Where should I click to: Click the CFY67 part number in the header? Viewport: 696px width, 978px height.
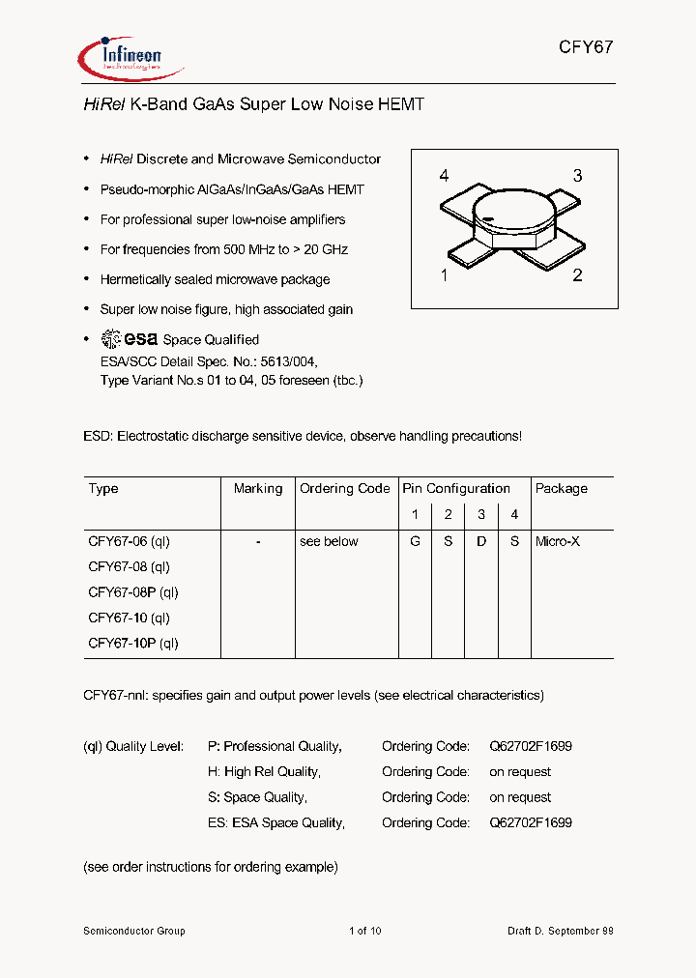[x=586, y=47]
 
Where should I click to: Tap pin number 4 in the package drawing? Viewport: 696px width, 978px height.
[x=444, y=176]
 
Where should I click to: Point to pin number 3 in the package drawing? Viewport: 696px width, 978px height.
[x=577, y=176]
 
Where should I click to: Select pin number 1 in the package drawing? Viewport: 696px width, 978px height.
[x=444, y=275]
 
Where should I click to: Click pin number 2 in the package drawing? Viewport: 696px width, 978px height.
[x=577, y=275]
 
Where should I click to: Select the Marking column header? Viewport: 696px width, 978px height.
[x=258, y=489]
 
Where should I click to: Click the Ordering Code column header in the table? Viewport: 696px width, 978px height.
[x=345, y=489]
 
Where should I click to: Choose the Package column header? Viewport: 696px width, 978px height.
[x=562, y=489]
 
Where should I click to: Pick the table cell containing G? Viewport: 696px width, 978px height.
[x=415, y=542]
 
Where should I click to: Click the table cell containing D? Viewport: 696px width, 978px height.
[x=481, y=542]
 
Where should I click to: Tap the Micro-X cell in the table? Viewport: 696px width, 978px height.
[x=558, y=542]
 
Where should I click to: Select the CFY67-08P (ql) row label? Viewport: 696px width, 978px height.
[x=133, y=592]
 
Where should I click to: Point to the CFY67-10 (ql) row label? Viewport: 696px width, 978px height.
[x=130, y=618]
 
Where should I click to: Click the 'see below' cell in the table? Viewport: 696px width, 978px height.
[x=329, y=542]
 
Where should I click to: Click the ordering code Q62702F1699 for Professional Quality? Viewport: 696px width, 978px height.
[x=531, y=746]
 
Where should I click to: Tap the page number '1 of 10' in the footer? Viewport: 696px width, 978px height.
[x=365, y=931]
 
